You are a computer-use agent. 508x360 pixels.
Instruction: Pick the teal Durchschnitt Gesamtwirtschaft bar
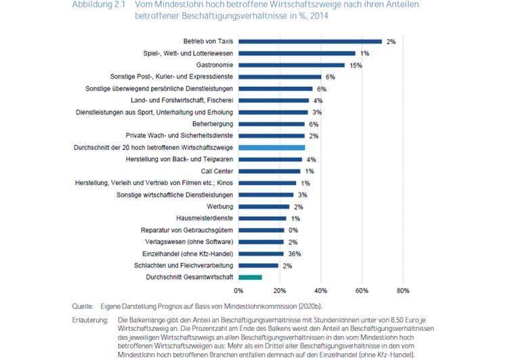click(250, 277)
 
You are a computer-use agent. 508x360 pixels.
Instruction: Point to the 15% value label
click(356, 65)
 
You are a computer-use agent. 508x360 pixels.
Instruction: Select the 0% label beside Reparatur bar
click(293, 230)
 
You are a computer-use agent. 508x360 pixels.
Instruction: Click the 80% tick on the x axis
click(402, 291)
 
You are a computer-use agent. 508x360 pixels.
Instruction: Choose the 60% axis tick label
click(362, 291)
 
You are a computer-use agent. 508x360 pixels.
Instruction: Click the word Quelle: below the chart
click(84, 306)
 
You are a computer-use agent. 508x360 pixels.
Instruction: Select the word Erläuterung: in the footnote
click(93, 319)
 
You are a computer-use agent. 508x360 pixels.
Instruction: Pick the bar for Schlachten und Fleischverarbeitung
click(258, 265)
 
